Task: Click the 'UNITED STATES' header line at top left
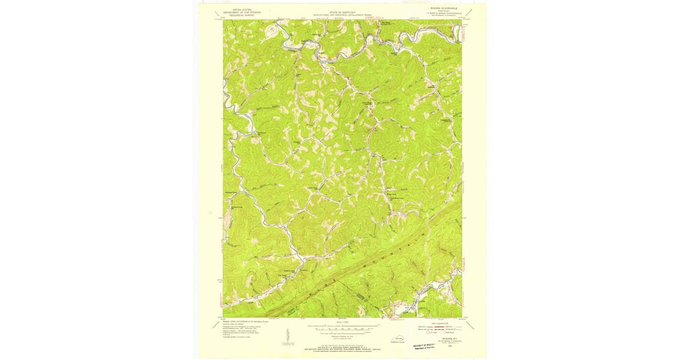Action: [238, 10]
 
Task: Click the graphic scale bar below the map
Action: [343, 329]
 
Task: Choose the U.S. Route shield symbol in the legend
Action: [421, 333]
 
